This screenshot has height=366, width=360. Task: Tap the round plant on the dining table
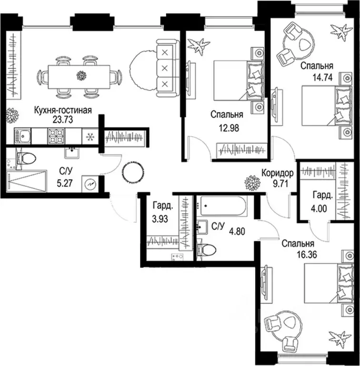coord(81,75)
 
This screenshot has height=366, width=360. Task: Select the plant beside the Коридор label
coord(250,182)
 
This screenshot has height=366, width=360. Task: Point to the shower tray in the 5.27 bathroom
coord(27,182)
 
